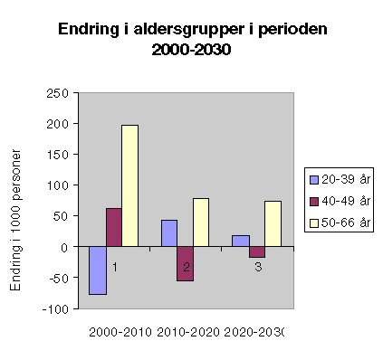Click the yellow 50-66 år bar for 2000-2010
coord(129,185)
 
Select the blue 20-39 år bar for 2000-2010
coord(98,270)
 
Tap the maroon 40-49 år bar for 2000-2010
coord(113,227)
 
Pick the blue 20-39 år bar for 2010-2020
coord(169,232)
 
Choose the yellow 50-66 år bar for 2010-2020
coord(200,222)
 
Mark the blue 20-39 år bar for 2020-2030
coord(241,241)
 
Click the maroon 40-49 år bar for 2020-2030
coord(256,251)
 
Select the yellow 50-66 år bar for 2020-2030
coord(272,223)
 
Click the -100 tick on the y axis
coord(56,308)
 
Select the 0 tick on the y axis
coord(64,247)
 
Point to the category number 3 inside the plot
coord(257,267)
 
